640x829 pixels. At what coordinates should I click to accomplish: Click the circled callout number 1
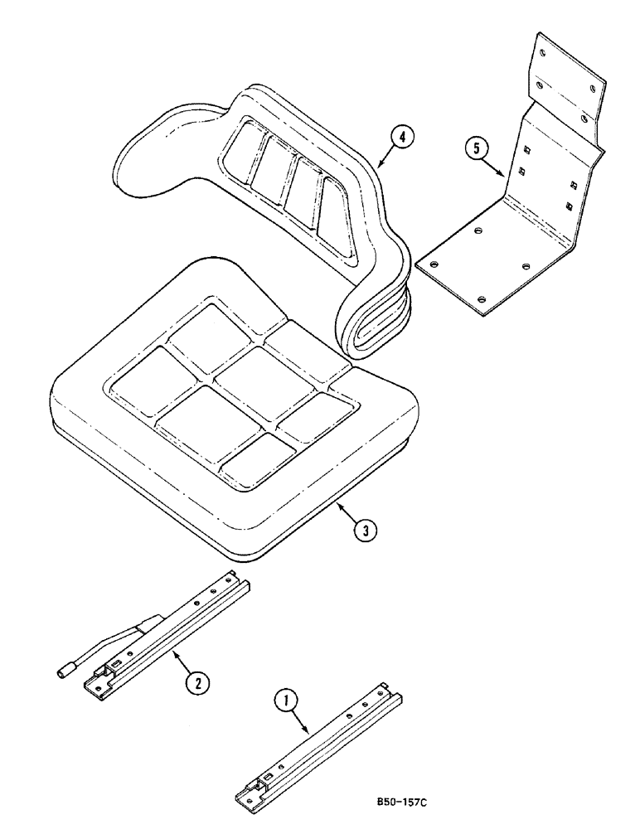tap(286, 703)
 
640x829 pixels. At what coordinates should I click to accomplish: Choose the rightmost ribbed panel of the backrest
tap(336, 211)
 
